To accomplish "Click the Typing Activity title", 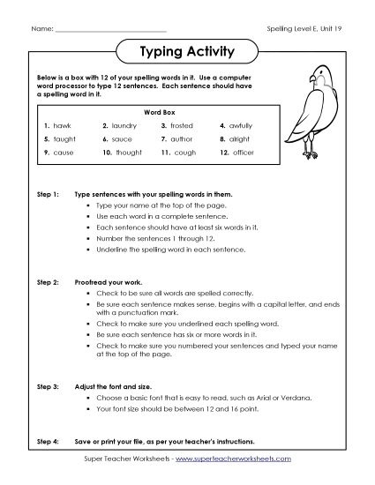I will [x=187, y=52].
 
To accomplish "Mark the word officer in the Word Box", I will [x=244, y=153].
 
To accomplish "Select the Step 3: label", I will [x=47, y=387].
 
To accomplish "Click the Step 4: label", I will [x=47, y=440].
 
